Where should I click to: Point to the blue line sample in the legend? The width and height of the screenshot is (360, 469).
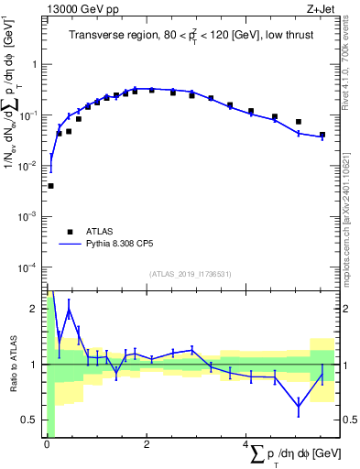pyautogui.click(x=70, y=245)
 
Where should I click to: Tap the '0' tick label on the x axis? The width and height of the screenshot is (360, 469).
pyautogui.click(x=47, y=444)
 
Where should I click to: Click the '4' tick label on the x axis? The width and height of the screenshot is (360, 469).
pyautogui.click(x=246, y=444)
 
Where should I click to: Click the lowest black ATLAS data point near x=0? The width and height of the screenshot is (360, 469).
pyautogui.click(x=50, y=186)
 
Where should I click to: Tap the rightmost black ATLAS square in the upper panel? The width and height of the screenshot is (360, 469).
pyautogui.click(x=322, y=135)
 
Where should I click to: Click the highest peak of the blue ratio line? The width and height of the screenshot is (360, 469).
pyautogui.click(x=69, y=310)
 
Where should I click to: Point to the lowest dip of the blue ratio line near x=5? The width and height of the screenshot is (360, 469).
pyautogui.click(x=299, y=406)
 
